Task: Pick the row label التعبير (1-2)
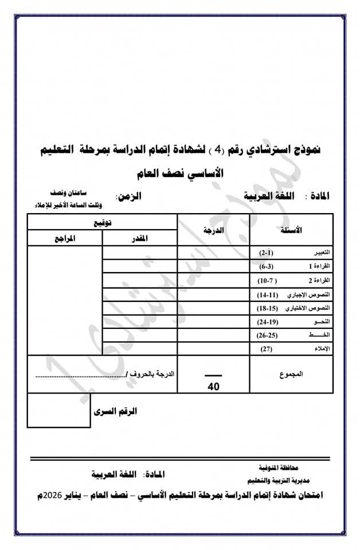[x=292, y=253]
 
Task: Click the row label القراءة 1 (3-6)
[x=292, y=266]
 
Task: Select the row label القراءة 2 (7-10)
[x=292, y=280]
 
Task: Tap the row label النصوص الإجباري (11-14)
[x=292, y=294]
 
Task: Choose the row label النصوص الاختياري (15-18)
[x=292, y=308]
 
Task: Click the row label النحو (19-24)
[x=292, y=321]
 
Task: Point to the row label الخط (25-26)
[x=292, y=335]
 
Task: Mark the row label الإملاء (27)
[x=292, y=348]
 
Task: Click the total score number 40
[x=214, y=386]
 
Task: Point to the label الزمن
[x=129, y=196]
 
